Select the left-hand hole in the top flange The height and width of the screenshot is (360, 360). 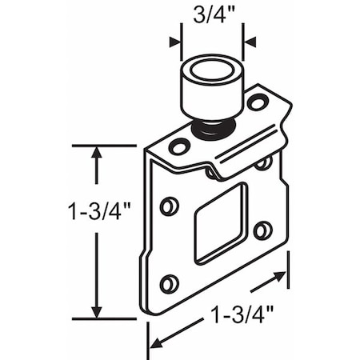click(179, 146)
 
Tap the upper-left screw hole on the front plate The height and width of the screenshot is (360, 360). click(169, 206)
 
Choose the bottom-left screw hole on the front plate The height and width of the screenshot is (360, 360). click(169, 283)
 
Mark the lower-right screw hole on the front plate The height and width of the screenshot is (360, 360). click(262, 231)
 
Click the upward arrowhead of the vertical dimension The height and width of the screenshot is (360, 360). click(97, 154)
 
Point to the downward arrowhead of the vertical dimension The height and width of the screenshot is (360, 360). click(97, 310)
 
